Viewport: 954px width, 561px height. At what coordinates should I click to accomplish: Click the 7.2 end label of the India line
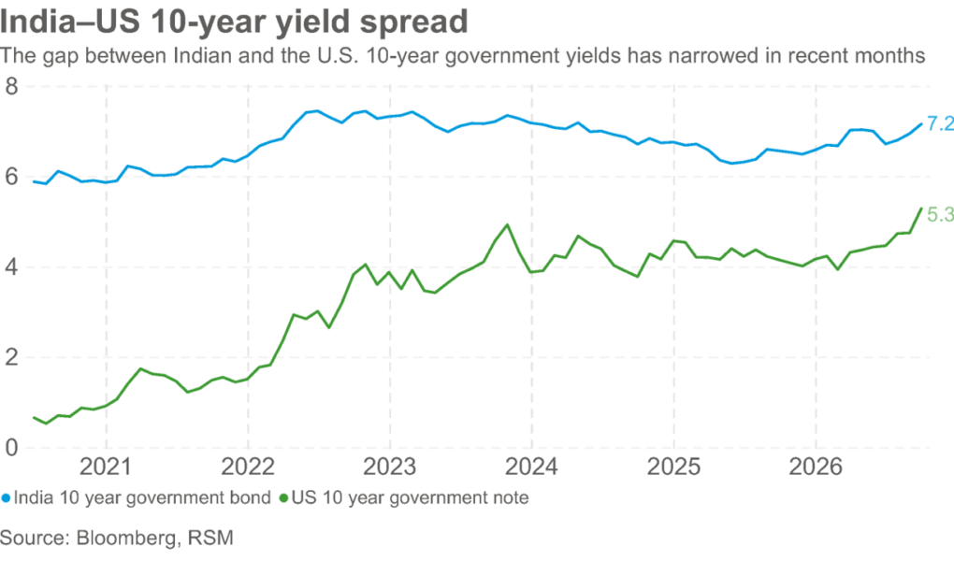point(940,124)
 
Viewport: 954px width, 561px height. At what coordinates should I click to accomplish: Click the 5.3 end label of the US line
point(940,215)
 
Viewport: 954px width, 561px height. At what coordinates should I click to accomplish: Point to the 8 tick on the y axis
point(11,86)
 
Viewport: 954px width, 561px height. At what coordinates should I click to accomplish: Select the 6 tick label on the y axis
point(11,177)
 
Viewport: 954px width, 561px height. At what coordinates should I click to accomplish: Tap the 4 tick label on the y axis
point(11,267)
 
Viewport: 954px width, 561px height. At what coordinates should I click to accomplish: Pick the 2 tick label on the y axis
point(11,358)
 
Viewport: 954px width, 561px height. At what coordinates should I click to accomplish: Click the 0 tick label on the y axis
point(11,448)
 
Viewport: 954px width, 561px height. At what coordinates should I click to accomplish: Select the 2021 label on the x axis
point(106,467)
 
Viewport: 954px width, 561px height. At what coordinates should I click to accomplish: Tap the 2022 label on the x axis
point(248,467)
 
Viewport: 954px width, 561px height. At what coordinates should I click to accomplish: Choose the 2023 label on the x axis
point(390,467)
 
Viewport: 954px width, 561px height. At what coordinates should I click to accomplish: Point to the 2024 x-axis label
point(532,467)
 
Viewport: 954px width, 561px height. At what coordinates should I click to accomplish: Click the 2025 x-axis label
point(673,467)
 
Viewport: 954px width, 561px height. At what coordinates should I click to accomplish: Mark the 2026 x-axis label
point(816,467)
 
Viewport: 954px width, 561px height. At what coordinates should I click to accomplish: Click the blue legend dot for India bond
point(7,498)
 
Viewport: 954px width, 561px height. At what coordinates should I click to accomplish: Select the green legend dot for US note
point(282,498)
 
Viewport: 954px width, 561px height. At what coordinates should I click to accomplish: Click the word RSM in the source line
point(210,538)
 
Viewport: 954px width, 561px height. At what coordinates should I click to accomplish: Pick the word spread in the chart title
point(413,22)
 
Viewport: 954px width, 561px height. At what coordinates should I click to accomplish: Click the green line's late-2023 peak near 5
point(508,224)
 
